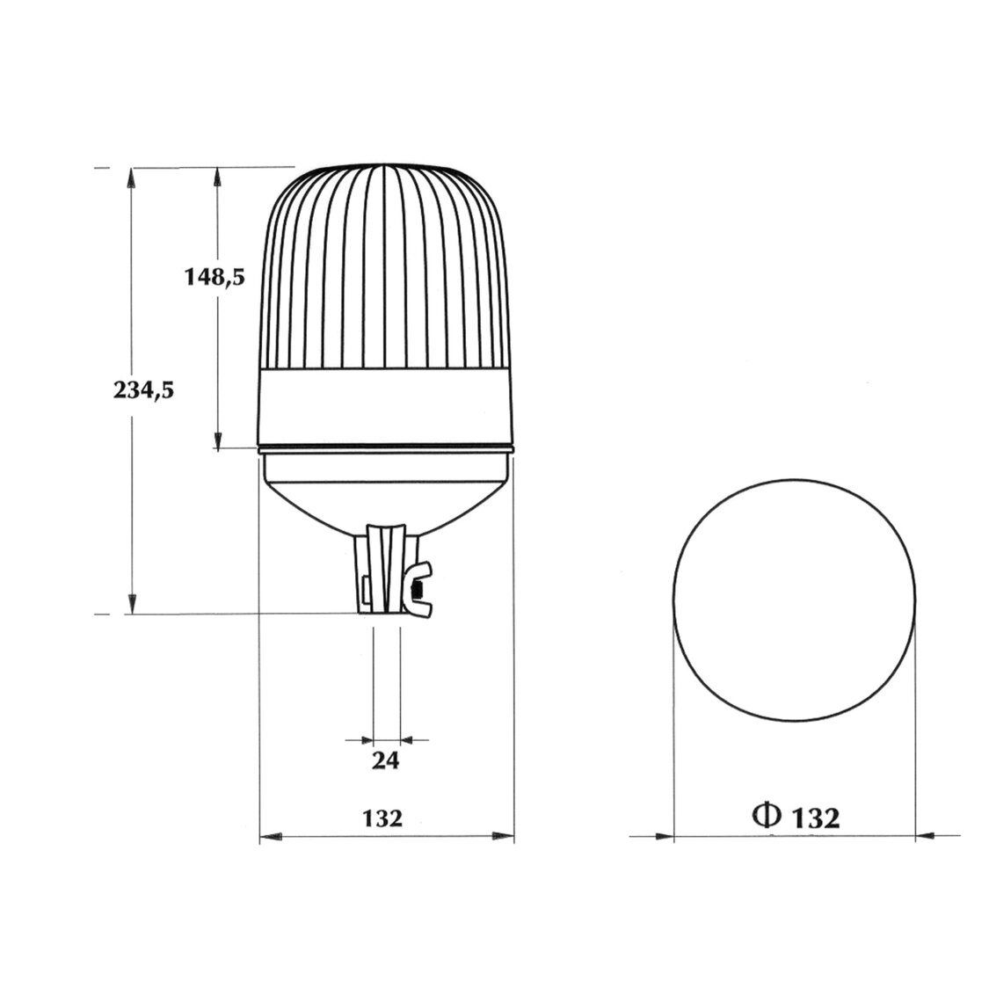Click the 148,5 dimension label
[x=214, y=277]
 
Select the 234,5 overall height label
[x=143, y=390]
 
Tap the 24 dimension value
[x=385, y=760]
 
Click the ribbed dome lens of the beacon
[x=387, y=264]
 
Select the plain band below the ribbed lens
[x=387, y=404]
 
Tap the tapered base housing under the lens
[x=387, y=488]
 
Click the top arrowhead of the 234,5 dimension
[x=132, y=176]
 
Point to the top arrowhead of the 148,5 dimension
[x=216, y=176]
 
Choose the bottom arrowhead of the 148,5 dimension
[x=216, y=440]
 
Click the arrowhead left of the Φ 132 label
[x=664, y=835]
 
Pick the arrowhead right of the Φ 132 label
[x=925, y=835]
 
